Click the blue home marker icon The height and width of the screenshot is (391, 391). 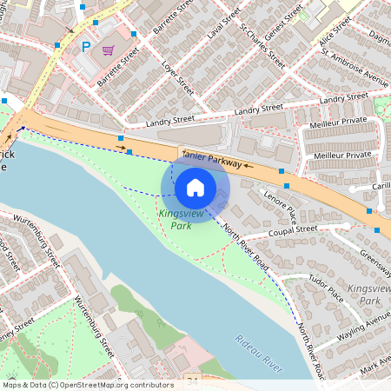pos(195,187)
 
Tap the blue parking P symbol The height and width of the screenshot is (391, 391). pos(85,47)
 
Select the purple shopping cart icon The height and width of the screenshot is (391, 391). pos(108,50)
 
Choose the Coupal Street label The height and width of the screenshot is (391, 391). pos(295,229)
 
